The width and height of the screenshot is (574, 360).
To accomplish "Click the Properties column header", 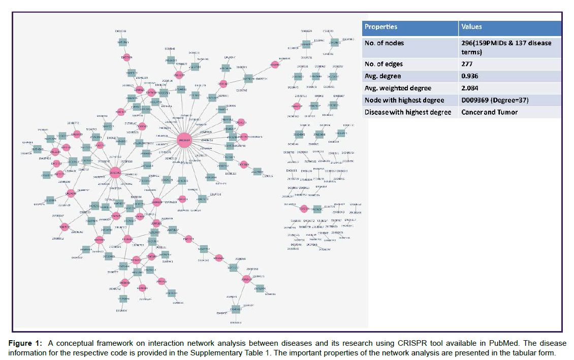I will [381, 27].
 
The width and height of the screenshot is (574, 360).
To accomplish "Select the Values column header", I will [471, 27].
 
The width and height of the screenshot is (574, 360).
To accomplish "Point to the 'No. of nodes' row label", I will [384, 43].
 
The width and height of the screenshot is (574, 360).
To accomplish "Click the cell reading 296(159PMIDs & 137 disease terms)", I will [505, 47].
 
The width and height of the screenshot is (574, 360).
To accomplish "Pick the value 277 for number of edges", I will [466, 64].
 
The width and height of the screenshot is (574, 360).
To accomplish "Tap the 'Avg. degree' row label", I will [381, 76].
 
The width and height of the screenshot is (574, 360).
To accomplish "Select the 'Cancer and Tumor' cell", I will [489, 112].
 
